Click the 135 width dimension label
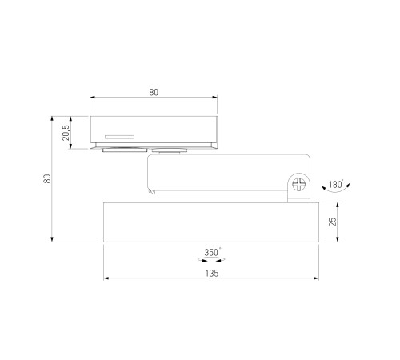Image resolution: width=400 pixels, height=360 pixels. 212,274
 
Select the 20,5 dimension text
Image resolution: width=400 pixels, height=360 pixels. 66,133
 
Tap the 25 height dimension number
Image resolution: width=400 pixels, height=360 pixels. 333,222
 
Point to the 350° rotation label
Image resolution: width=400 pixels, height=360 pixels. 212,252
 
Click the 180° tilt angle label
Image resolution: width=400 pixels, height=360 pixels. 336,184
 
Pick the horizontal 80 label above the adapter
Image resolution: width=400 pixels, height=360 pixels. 154,92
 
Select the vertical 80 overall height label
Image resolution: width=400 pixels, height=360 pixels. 47,178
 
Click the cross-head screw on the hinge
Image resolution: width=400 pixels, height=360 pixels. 299,184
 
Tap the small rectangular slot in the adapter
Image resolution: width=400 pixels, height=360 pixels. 119,137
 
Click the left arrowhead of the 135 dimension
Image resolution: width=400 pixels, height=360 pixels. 106,278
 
